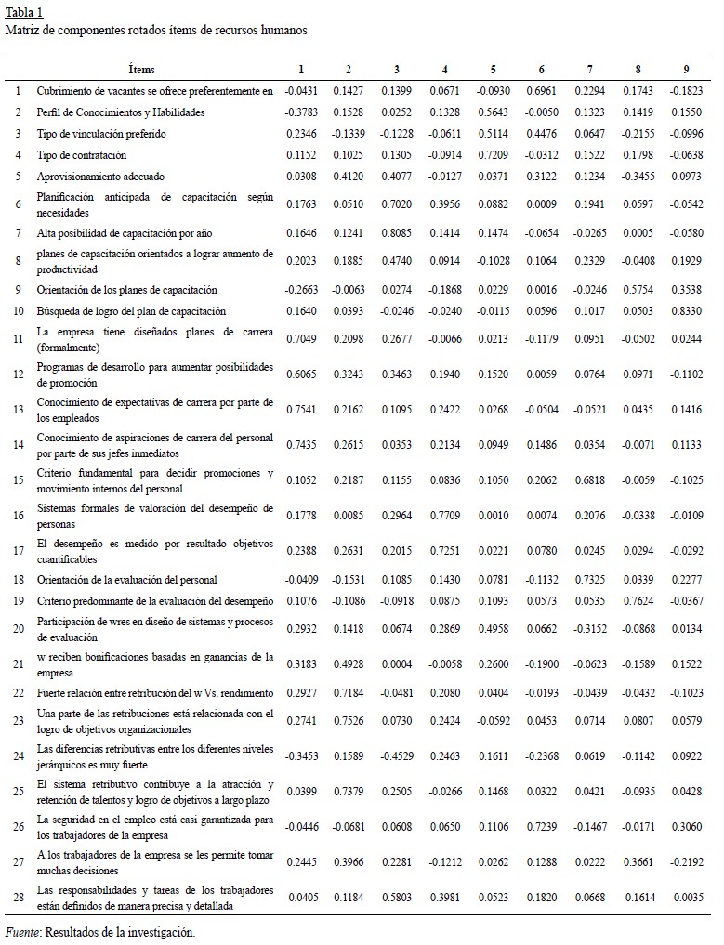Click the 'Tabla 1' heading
point(23,12)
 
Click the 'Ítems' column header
point(142,70)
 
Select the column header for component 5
point(494,70)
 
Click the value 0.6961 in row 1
point(542,91)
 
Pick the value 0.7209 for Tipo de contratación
point(494,155)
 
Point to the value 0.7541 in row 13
point(300,408)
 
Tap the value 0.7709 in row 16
point(445,516)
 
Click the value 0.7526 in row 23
point(349,720)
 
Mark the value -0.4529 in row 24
point(397,757)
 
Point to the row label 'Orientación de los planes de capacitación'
point(127,290)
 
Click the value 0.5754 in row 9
point(638,290)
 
